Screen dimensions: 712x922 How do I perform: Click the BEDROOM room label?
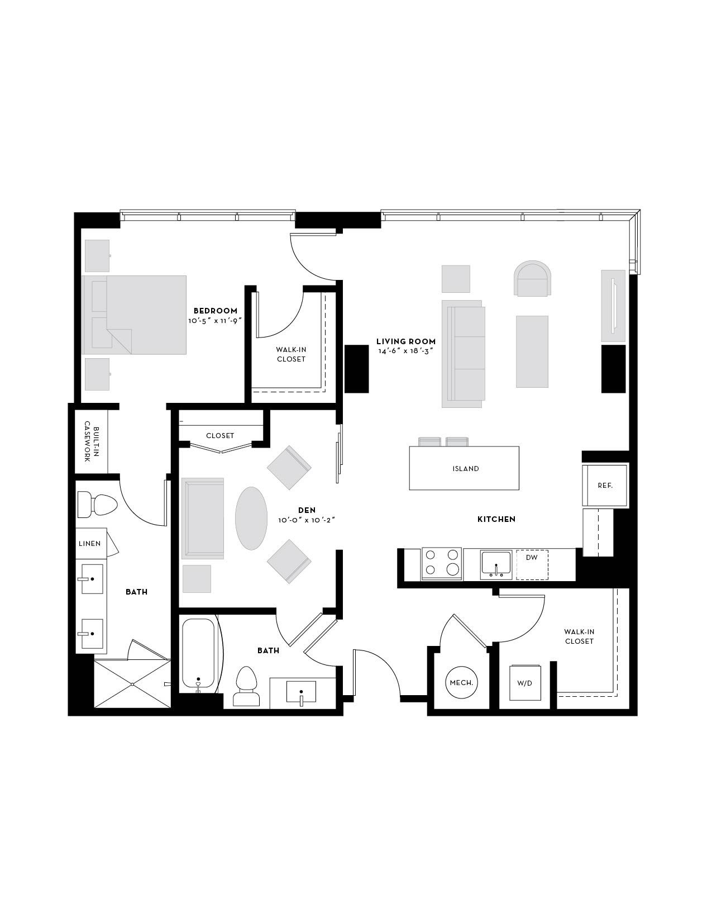tap(216, 311)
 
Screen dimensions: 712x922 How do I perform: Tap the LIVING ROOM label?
tap(406, 341)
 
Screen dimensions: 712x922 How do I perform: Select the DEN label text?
tap(307, 510)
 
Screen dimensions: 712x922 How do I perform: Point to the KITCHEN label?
tap(496, 519)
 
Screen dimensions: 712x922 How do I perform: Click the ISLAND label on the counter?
tap(466, 468)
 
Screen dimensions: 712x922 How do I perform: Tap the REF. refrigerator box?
tap(605, 486)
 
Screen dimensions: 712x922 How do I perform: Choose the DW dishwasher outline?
tap(532, 565)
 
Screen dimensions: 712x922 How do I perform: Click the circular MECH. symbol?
tap(461, 683)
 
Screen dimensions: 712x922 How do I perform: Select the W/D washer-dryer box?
tap(525, 683)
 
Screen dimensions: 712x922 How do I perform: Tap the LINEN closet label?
tap(90, 544)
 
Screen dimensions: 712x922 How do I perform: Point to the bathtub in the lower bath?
tap(198, 654)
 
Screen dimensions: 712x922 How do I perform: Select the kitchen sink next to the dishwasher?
tap(496, 564)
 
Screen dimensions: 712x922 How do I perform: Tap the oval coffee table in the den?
tap(251, 518)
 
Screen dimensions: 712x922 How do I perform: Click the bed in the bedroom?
tap(134, 315)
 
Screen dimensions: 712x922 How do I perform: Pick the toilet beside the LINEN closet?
tap(97, 504)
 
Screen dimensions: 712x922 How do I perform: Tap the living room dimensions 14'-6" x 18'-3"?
tap(406, 351)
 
